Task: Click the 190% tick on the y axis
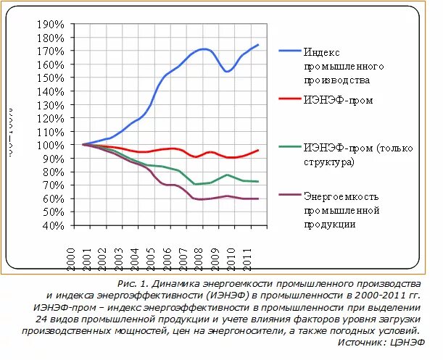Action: tap(51, 25)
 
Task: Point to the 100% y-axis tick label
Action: tap(51, 145)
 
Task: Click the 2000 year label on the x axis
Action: tap(72, 258)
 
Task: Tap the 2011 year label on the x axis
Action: tap(249, 258)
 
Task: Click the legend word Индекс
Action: tap(320, 53)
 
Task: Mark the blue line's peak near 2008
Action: tap(204, 49)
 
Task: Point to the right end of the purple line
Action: tap(258, 198)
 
